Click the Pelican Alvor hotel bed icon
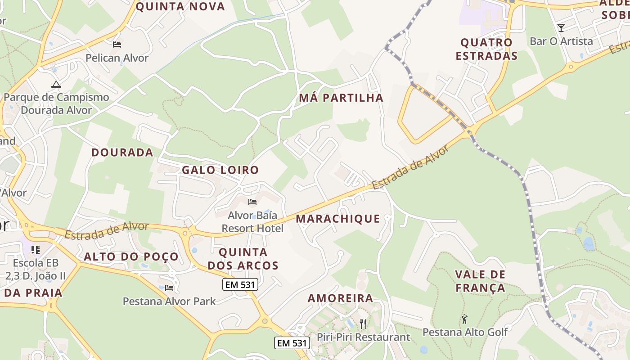(x=117, y=45)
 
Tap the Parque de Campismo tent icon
(x=56, y=84)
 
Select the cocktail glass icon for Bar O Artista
(x=561, y=28)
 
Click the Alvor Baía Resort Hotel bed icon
(x=252, y=202)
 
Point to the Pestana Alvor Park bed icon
(x=169, y=288)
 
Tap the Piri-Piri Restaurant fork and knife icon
(x=363, y=323)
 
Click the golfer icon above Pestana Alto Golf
(x=464, y=319)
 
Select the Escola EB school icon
(x=36, y=249)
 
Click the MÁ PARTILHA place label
(x=341, y=98)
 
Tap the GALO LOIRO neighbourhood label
(x=220, y=170)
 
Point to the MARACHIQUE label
(x=338, y=219)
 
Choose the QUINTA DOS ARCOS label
(x=243, y=259)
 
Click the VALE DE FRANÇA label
(x=480, y=281)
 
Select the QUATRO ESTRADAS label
(x=486, y=49)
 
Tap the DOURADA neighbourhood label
(x=122, y=152)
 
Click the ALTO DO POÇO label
(x=131, y=257)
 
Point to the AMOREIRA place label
(x=341, y=298)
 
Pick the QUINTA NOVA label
(x=180, y=6)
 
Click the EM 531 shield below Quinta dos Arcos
(x=240, y=284)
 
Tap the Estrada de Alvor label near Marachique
(x=410, y=167)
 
